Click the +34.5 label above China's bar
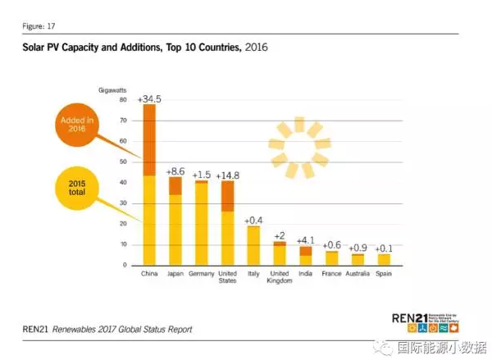(149, 98)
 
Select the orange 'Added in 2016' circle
(78, 125)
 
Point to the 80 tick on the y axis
(123, 99)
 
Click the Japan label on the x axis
(175, 273)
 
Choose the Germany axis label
(202, 273)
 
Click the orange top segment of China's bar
(149, 139)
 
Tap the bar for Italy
(253, 245)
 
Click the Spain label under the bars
(383, 273)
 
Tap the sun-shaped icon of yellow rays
(299, 148)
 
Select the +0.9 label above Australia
(358, 248)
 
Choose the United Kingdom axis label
(280, 276)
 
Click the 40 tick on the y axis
(123, 182)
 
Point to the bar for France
(331, 257)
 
